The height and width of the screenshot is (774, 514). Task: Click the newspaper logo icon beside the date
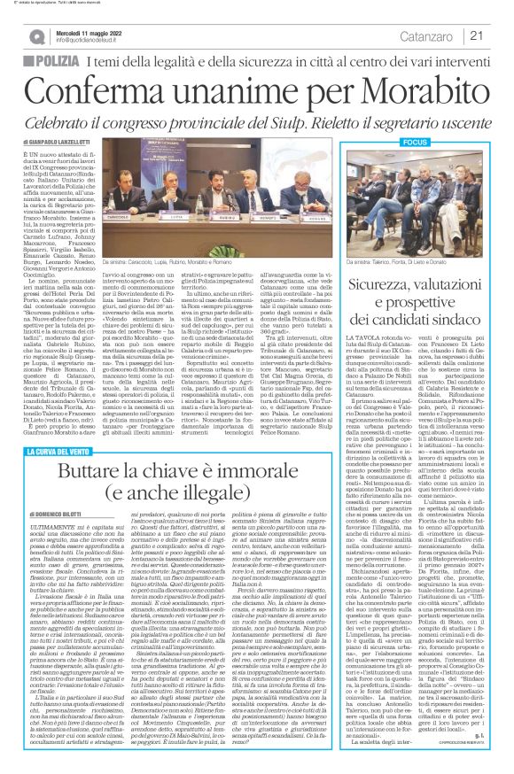click(35, 35)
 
